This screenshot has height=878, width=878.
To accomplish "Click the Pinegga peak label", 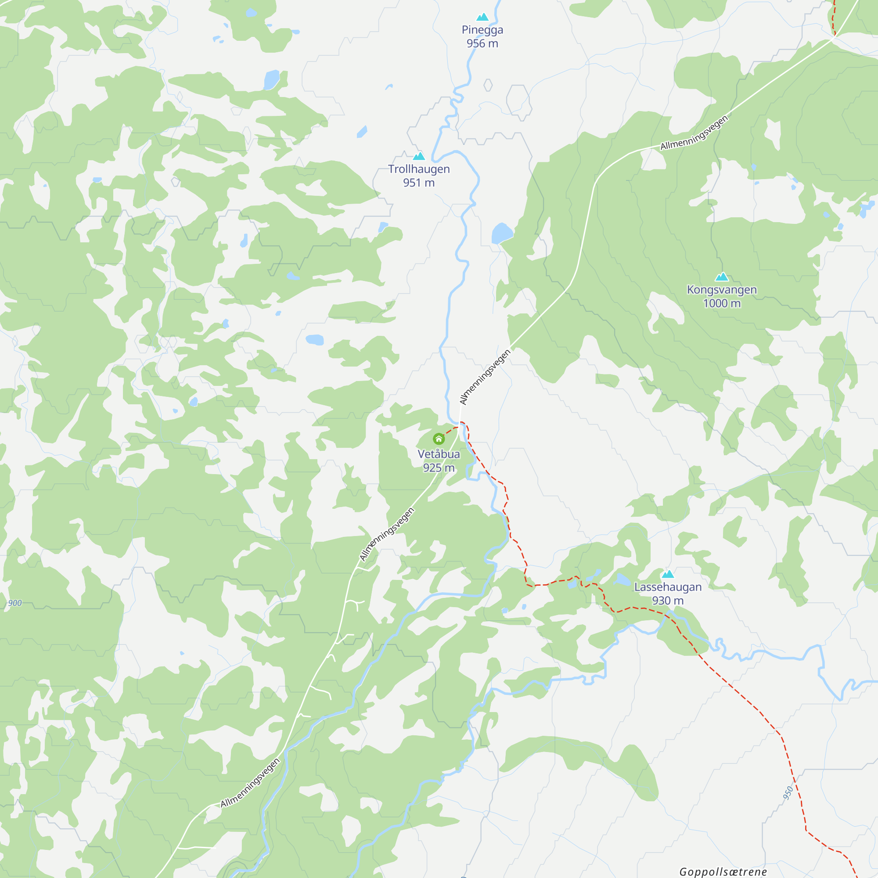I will pyautogui.click(x=482, y=30).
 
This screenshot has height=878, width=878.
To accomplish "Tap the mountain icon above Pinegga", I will pyautogui.click(x=482, y=17).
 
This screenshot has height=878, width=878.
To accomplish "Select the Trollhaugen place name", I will pyautogui.click(x=418, y=169).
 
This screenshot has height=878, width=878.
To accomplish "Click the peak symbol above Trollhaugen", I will pyautogui.click(x=418, y=156).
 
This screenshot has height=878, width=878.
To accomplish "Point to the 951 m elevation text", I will pyautogui.click(x=418, y=183).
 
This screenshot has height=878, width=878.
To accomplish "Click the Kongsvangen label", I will pyautogui.click(x=722, y=289).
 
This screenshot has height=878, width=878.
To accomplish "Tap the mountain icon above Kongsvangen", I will pyautogui.click(x=722, y=277).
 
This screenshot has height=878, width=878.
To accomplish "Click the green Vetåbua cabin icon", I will pyautogui.click(x=439, y=439).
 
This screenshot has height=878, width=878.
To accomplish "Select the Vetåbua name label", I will pyautogui.click(x=439, y=454).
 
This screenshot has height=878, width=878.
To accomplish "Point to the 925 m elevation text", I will pyautogui.click(x=439, y=468).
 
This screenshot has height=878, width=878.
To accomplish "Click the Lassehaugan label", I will pyautogui.click(x=668, y=587).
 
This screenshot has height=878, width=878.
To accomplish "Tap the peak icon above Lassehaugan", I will pyautogui.click(x=668, y=574).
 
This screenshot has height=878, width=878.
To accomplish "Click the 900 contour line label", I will pyautogui.click(x=14, y=603).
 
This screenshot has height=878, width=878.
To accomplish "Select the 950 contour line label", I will pyautogui.click(x=788, y=793).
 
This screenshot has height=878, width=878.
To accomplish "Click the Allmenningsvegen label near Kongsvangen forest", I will pyautogui.click(x=694, y=133).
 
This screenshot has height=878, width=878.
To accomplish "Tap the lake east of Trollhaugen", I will pyautogui.click(x=501, y=234).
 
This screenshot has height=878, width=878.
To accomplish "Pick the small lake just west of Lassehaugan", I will pyautogui.click(x=622, y=580).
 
